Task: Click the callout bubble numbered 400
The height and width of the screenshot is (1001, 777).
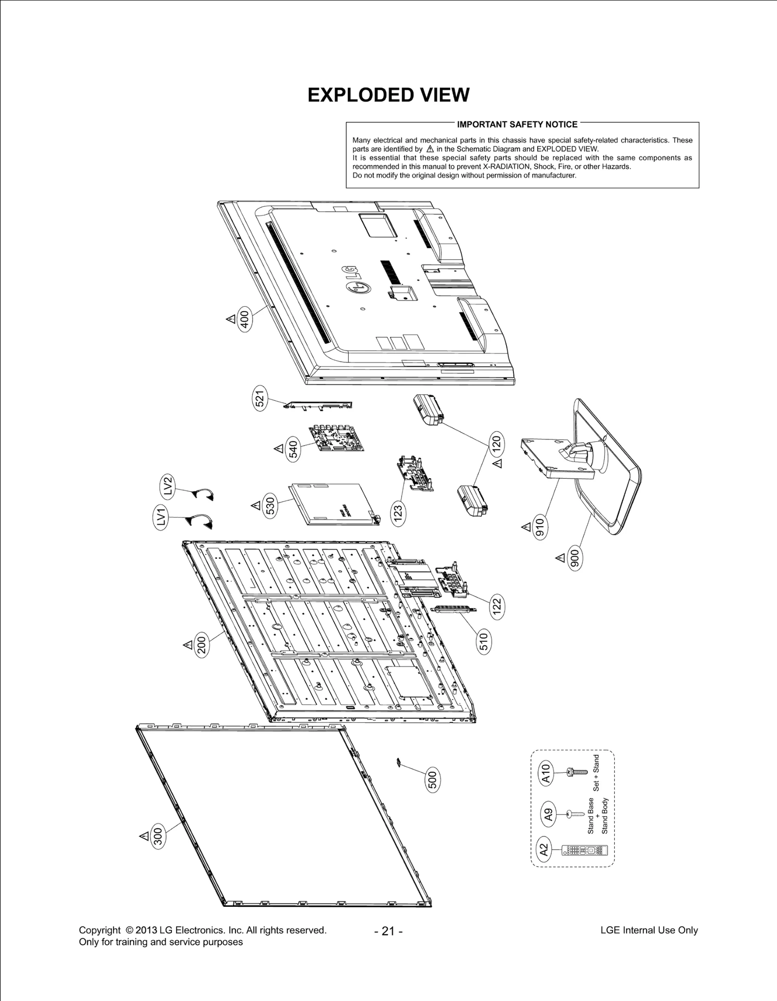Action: pos(245,320)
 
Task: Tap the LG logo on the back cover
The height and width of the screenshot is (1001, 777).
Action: pos(356,280)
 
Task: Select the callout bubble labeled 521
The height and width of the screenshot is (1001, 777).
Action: pos(260,399)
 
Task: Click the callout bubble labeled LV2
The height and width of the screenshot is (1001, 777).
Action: pos(168,485)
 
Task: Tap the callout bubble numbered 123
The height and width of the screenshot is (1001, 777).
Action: pos(399,514)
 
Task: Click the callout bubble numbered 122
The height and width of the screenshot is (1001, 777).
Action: pos(496,607)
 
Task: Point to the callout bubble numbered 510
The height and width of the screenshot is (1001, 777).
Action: pos(483,641)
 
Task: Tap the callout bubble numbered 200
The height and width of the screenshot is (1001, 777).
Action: pos(203,645)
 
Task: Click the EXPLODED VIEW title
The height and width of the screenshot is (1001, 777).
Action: pos(388,95)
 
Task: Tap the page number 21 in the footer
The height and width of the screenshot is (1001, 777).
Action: pos(388,931)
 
